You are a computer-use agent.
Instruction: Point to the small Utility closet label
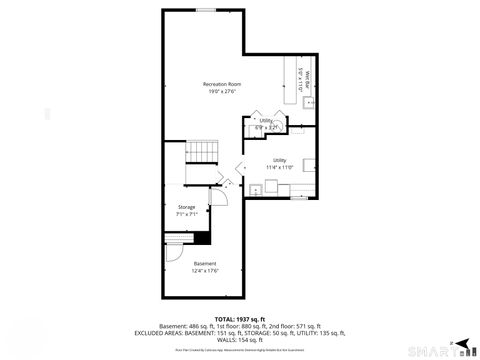click(266, 120)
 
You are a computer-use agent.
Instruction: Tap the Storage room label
click(187, 207)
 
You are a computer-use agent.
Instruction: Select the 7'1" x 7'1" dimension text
click(187, 214)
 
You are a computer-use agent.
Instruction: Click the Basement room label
click(204, 263)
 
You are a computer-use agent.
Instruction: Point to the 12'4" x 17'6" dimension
click(204, 270)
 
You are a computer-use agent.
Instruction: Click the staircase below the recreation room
click(204, 152)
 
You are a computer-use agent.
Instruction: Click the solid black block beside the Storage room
click(202, 237)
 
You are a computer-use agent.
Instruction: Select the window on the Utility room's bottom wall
click(297, 197)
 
